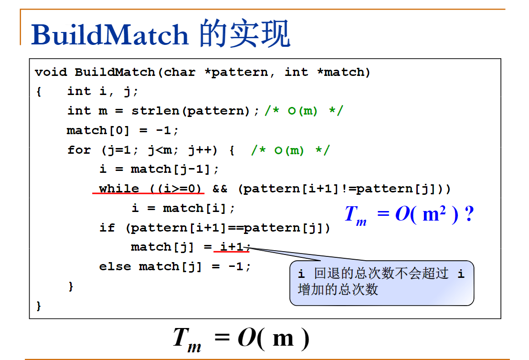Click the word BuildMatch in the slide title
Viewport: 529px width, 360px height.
pos(110,34)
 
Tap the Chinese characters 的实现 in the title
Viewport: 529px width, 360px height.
pos(244,33)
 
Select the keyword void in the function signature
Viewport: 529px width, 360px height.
pos(51,72)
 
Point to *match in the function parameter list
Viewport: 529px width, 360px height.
pos(341,72)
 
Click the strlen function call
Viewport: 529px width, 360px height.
pos(155,111)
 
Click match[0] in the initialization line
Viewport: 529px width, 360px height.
pos(98,130)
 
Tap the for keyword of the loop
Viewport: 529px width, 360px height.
pos(79,149)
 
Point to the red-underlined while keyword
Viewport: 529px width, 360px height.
pos(119,188)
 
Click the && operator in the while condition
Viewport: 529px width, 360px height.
pos(220,189)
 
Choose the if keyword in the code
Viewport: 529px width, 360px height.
pos(107,227)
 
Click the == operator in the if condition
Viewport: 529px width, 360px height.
pos(236,228)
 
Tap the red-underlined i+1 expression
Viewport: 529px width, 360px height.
pos(232,247)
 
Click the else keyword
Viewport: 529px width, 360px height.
pos(115,266)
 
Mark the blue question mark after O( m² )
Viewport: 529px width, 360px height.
pos(469,214)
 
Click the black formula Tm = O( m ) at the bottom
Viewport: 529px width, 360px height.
pos(241,339)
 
